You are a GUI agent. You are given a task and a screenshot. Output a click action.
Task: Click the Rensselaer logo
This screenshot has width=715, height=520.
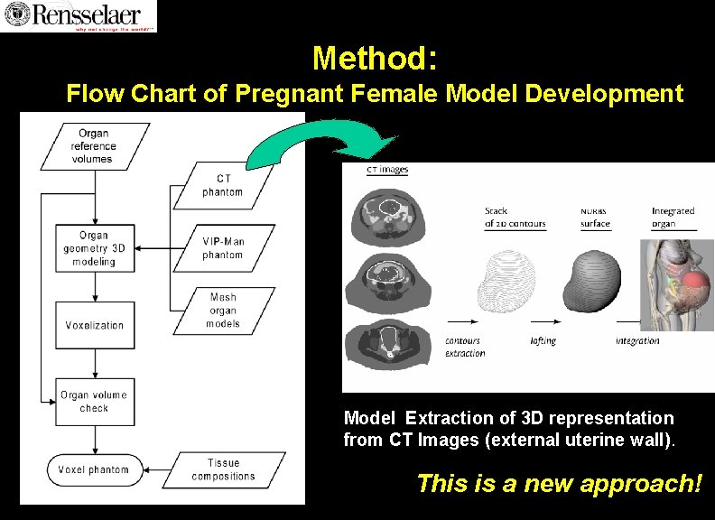[79, 15]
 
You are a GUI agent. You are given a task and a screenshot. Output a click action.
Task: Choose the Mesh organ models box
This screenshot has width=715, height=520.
[223, 311]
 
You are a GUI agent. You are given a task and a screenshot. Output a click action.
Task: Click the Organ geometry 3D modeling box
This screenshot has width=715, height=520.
[94, 249]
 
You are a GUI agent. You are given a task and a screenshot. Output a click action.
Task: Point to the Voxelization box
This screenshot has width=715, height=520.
[94, 325]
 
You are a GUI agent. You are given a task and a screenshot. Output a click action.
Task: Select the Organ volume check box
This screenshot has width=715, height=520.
[94, 402]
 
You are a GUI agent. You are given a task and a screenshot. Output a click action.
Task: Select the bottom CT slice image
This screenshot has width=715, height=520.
[389, 342]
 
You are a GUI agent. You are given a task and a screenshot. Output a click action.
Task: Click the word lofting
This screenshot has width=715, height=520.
[543, 340]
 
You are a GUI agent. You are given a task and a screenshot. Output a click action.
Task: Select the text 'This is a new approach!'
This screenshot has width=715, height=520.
[559, 483]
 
